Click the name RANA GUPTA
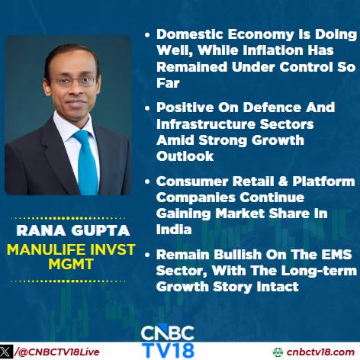(73, 230)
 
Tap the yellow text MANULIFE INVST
(71, 249)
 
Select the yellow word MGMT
(71, 264)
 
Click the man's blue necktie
(85, 162)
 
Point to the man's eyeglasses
(74, 82)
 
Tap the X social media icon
(6, 352)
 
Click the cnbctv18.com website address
(320, 352)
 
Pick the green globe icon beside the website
(278, 352)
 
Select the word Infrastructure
(206, 124)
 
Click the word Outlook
(185, 156)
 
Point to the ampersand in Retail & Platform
(283, 182)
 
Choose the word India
(174, 230)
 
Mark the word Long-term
(319, 271)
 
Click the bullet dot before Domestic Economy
(147, 34)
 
